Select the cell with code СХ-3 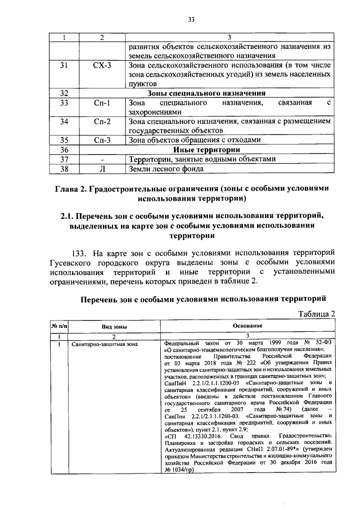coord(102,66)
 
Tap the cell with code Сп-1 coord(102,103)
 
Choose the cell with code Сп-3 coord(102,140)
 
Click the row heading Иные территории coord(206,150)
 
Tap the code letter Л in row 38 coord(102,168)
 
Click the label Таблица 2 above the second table coord(315,313)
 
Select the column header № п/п coord(59,326)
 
